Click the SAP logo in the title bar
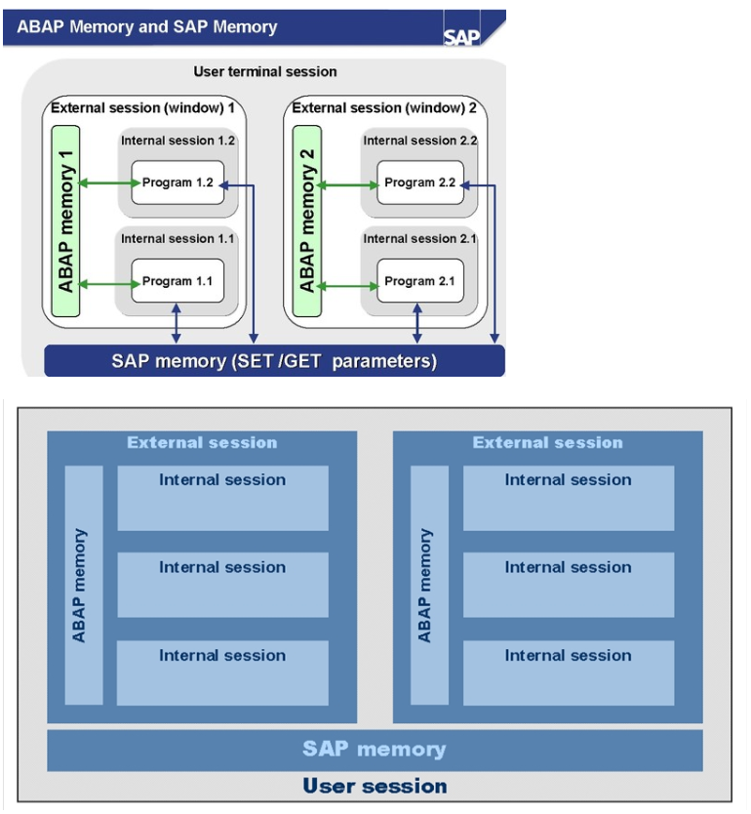[461, 37]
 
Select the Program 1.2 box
[178, 183]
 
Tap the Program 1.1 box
[178, 281]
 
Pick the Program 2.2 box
[420, 183]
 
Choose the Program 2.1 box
[420, 281]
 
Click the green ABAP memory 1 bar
[66, 222]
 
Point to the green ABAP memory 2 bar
[307, 222]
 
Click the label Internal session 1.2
[178, 141]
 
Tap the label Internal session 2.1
[419, 239]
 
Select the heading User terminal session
[265, 71]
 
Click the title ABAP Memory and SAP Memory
[147, 27]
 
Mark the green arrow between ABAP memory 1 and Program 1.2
[109, 183]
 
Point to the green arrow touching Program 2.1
[347, 286]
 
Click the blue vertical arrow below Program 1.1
[177, 323]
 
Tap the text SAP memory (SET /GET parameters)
[274, 361]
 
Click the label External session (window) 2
[384, 108]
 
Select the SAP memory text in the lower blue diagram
[375, 750]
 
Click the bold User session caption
[375, 786]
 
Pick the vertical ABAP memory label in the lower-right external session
[424, 586]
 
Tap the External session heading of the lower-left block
[202, 442]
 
